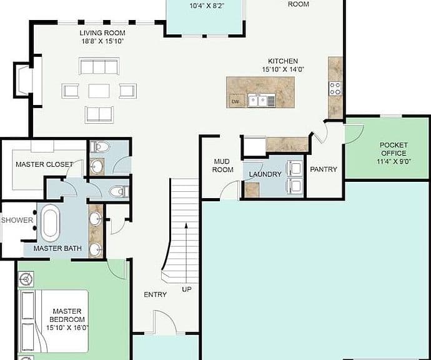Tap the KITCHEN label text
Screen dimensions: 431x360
coord(283,61)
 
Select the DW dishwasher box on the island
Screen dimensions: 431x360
coord(236,101)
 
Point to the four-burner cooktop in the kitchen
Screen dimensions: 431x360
coord(335,88)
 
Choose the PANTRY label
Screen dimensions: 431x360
coord(324,169)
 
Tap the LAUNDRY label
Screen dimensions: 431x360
coord(265,174)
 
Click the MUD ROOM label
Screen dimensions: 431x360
coord(222,166)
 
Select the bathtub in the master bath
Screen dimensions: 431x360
coord(50,222)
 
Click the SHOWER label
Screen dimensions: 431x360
coord(17,220)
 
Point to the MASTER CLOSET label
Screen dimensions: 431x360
coord(44,164)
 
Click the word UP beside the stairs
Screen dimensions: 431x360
coord(187,289)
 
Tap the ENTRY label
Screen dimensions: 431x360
coord(156,294)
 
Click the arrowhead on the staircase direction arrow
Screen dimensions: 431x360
coord(186,226)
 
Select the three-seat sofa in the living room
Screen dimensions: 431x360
coord(99,66)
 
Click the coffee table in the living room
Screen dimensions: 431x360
coord(99,91)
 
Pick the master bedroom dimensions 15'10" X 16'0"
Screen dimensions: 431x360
coord(67,328)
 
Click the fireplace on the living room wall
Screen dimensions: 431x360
coord(23,80)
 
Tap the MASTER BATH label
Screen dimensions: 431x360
coord(57,248)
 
